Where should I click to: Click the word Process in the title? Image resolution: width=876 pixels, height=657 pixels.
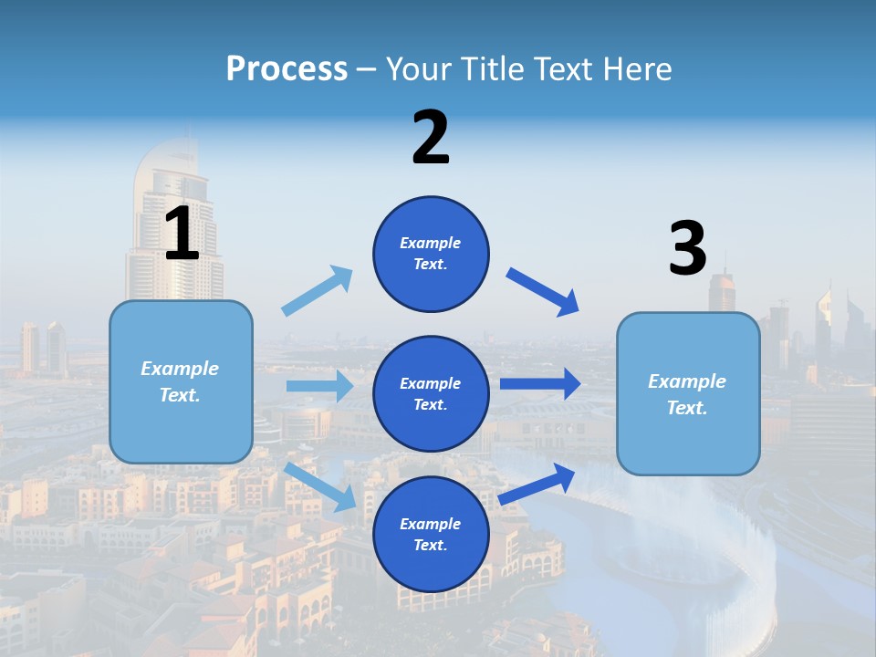click(287, 68)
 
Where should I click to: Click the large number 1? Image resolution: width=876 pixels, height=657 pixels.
click(182, 234)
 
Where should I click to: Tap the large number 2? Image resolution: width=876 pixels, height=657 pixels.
click(431, 137)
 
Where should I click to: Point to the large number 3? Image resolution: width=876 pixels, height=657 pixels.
click(687, 248)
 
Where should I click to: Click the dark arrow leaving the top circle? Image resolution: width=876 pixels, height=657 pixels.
click(543, 292)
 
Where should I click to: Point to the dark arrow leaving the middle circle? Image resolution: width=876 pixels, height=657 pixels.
click(540, 383)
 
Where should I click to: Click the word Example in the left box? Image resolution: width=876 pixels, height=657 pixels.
click(180, 369)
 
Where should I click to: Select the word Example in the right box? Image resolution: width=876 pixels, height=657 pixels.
click(687, 381)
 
